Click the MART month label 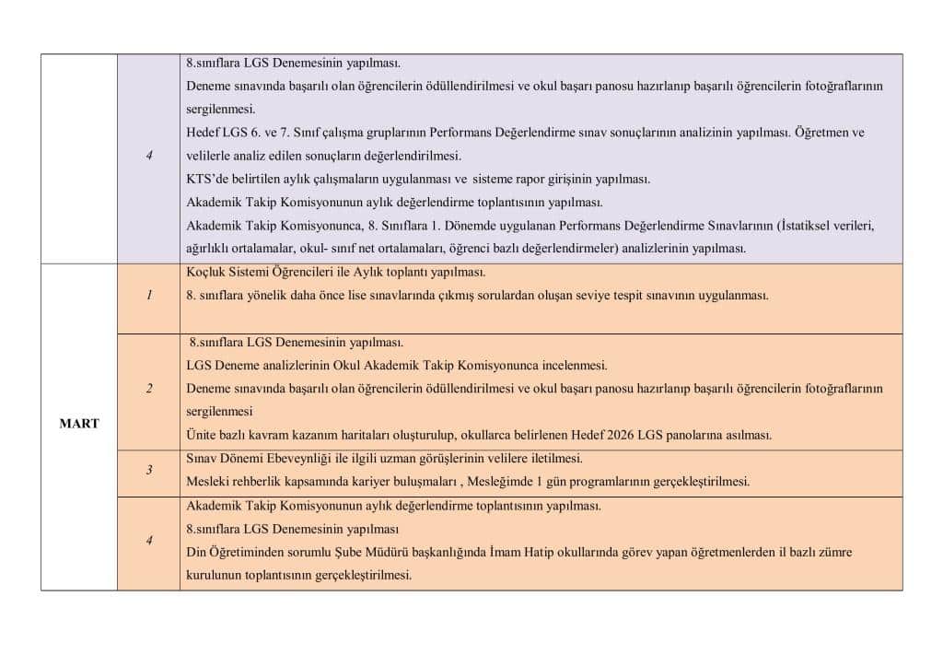click(79, 424)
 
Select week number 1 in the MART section click(149, 296)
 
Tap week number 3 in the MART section click(149, 471)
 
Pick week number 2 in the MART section click(149, 389)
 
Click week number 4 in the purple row click(149, 155)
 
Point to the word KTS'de click(206, 179)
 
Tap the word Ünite click(203, 435)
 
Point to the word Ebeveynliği click(295, 459)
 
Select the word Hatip click(528, 552)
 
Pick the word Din click(197, 552)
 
